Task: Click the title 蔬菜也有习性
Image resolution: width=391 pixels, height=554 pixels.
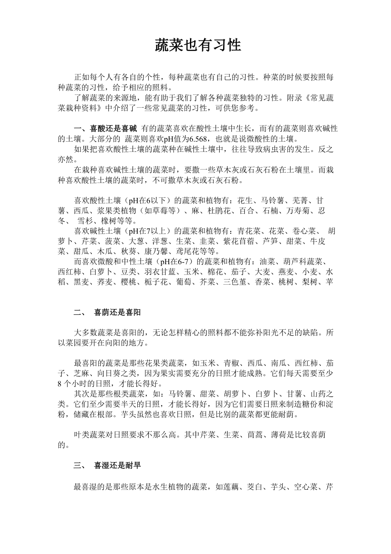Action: pos(198,45)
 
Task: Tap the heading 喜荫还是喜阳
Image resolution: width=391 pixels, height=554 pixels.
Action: pos(117,313)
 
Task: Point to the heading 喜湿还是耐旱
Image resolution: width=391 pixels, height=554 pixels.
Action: pos(117,466)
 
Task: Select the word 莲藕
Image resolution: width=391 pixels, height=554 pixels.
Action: pos(230,487)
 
